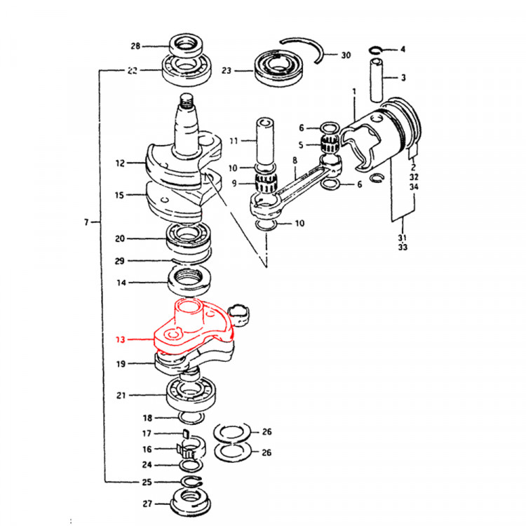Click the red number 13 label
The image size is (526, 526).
click(120, 339)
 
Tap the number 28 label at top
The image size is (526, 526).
click(135, 46)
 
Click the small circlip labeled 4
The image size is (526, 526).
click(377, 50)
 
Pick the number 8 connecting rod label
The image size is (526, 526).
click(295, 160)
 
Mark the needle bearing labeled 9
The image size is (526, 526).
click(266, 184)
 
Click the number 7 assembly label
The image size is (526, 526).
click(86, 222)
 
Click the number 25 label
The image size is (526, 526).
click(145, 483)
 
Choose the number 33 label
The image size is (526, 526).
click(403, 247)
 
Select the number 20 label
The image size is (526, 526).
click(120, 238)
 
